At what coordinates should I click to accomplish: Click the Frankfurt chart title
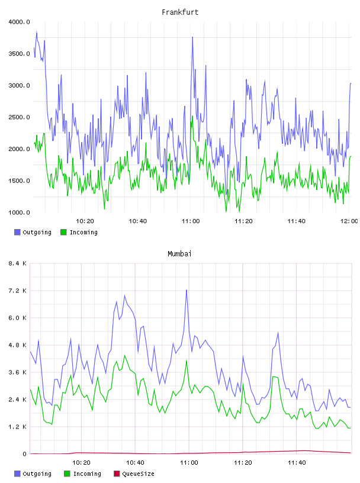click(x=180, y=12)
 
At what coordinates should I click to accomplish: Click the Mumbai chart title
click(x=179, y=254)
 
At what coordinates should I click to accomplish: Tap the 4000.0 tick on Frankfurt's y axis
click(x=19, y=22)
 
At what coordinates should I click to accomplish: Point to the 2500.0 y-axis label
click(x=19, y=117)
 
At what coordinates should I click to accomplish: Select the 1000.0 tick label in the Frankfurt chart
click(x=19, y=212)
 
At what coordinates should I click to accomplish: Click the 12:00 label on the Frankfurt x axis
click(x=349, y=221)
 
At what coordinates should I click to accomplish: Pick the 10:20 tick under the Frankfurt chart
click(x=85, y=221)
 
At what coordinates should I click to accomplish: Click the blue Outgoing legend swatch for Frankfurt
click(x=17, y=232)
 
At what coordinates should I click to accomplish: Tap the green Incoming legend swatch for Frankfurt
click(x=63, y=232)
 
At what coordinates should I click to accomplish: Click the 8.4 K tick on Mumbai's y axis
click(x=18, y=263)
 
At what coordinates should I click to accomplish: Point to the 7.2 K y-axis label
click(x=18, y=291)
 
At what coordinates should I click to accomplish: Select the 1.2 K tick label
click(x=18, y=427)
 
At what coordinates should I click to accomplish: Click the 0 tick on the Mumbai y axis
click(x=25, y=454)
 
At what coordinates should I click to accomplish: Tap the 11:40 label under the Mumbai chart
click(x=297, y=463)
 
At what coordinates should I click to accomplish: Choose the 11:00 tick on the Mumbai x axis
click(x=189, y=463)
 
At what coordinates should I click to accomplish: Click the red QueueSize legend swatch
click(x=117, y=474)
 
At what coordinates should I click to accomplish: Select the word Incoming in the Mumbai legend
click(x=87, y=474)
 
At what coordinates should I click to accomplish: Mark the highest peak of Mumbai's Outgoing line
click(x=187, y=290)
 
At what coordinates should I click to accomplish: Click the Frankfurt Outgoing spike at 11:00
click(x=192, y=37)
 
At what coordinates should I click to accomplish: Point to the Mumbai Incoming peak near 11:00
click(x=187, y=360)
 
